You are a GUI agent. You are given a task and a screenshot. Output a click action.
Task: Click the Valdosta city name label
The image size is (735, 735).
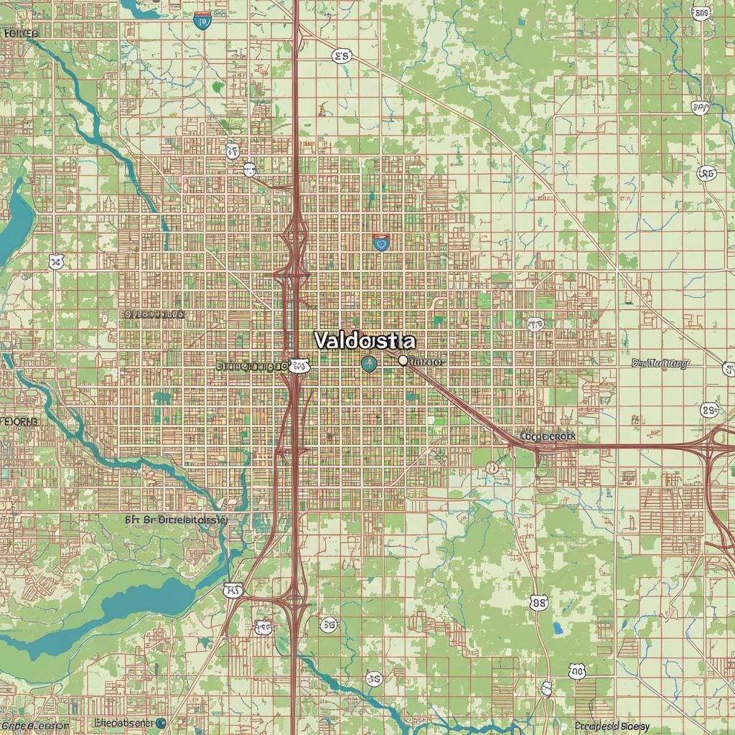[x=364, y=340]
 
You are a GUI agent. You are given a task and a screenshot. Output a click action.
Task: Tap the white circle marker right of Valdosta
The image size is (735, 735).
[x=403, y=360]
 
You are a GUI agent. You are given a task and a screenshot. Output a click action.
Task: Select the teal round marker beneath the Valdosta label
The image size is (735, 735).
[x=369, y=365]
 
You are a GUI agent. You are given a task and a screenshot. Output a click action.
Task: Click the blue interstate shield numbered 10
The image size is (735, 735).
[x=202, y=21]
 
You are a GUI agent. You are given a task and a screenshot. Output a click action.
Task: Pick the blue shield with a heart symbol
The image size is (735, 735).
[x=380, y=243]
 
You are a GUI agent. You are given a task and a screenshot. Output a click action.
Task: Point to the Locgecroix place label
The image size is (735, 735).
[x=548, y=436]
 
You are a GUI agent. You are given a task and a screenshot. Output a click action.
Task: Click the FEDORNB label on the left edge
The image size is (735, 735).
[x=19, y=421]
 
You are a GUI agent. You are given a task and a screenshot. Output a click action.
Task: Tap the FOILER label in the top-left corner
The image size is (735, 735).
[x=21, y=33]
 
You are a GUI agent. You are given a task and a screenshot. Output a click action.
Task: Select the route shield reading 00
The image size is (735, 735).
[x=577, y=671]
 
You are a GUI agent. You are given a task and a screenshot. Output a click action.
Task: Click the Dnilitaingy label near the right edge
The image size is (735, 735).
[x=660, y=363]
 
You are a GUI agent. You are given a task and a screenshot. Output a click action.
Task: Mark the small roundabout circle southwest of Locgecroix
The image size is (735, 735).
[x=492, y=468]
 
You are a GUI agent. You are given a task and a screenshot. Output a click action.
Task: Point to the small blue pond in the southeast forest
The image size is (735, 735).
[x=558, y=629]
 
